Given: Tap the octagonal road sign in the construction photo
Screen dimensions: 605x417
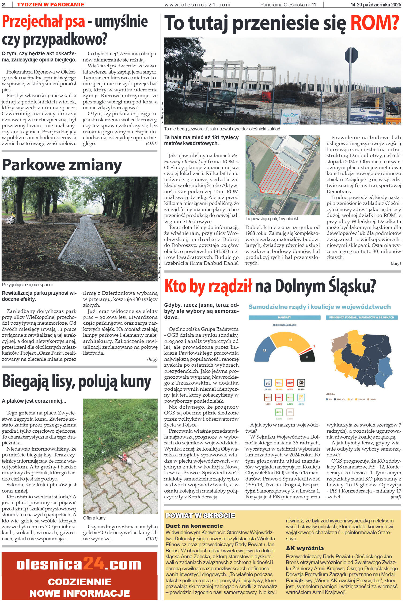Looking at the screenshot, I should [x=351, y=55].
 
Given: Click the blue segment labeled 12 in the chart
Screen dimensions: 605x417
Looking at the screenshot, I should [x=264, y=349].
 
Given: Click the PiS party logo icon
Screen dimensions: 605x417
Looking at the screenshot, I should [x=268, y=383].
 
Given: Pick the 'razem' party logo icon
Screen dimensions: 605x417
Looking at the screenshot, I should [x=279, y=397].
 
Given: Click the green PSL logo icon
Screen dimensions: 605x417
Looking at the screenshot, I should [x=279, y=412].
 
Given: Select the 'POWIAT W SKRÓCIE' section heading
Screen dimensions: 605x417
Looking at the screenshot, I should [x=200, y=515].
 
